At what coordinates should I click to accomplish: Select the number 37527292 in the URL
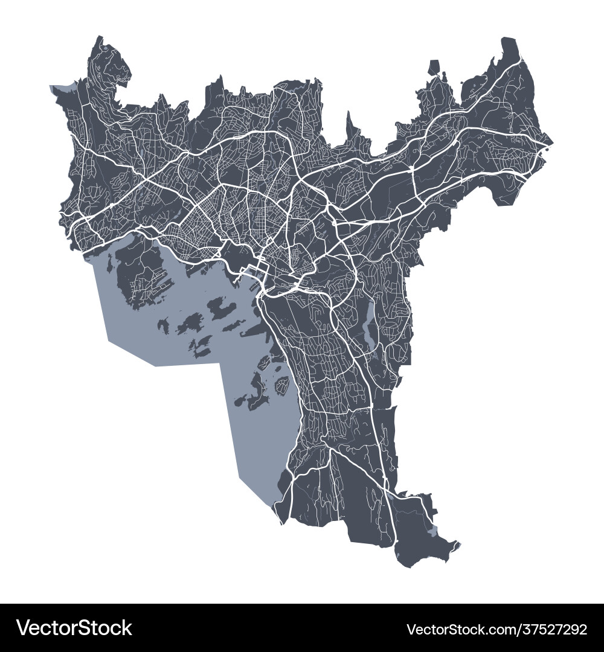click(x=549, y=629)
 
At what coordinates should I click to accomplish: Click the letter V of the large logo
click(x=24, y=628)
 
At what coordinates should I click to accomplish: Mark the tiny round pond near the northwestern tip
click(x=105, y=46)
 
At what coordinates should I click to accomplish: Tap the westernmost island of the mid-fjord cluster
click(x=164, y=326)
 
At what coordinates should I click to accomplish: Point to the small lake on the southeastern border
click(x=431, y=531)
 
